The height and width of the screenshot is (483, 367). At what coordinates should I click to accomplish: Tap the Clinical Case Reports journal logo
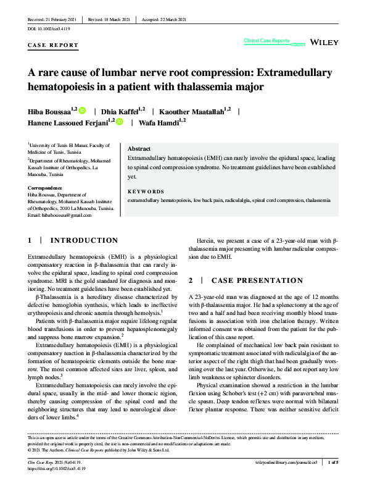coord(266,41)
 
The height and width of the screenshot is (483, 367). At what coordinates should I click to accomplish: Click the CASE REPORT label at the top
coord(54,45)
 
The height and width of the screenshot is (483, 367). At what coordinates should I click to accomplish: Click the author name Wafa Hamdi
coord(159,123)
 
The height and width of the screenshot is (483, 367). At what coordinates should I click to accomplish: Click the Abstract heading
coord(140,149)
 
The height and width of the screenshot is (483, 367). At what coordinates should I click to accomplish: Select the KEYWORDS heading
coord(146,191)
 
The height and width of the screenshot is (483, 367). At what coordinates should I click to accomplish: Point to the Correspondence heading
coord(45,188)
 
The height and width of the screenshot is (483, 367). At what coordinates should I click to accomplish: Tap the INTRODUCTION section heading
coord(83,240)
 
